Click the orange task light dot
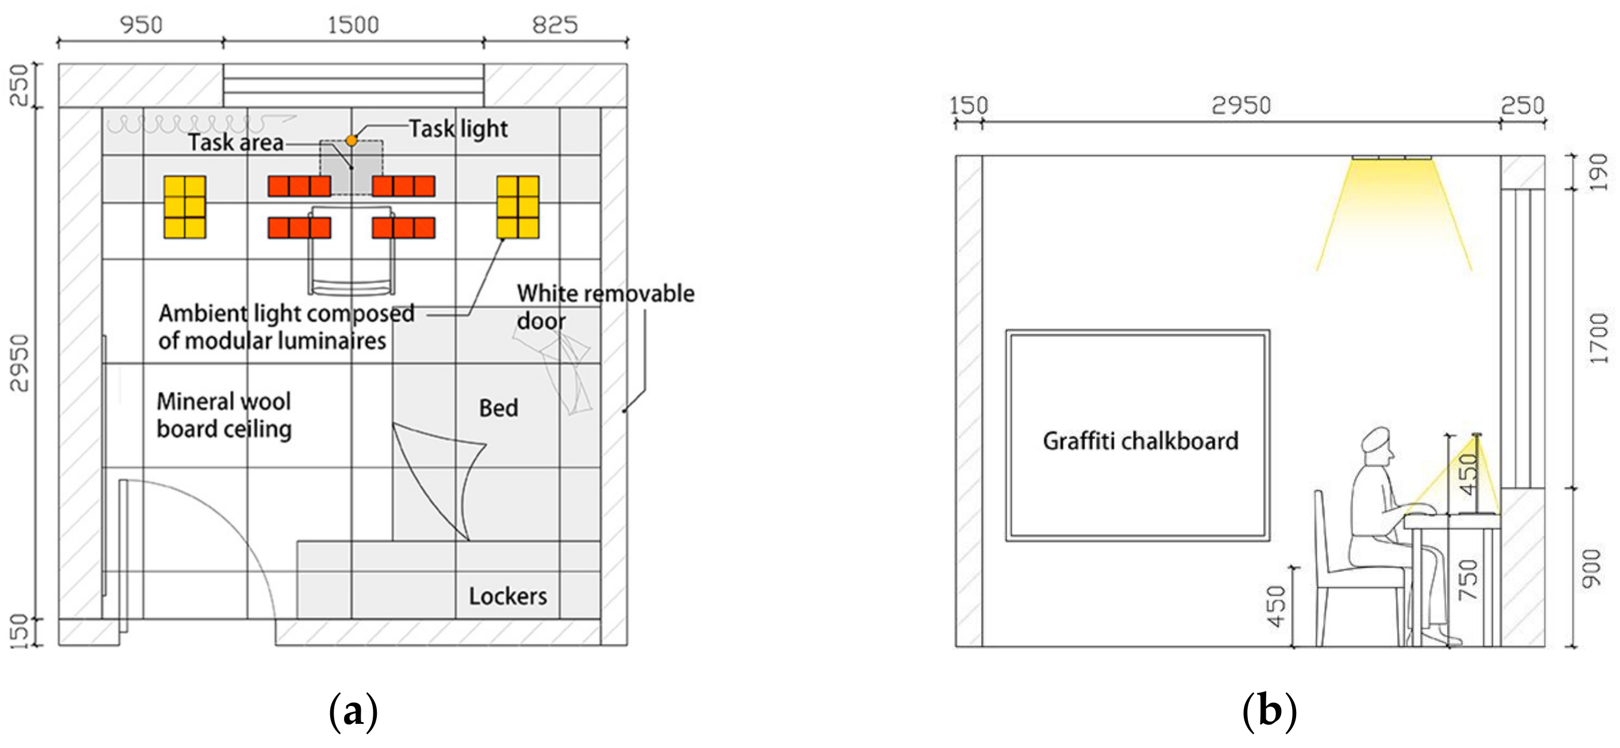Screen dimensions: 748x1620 (351, 141)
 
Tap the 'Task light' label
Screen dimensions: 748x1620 (458, 129)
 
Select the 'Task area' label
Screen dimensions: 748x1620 (236, 143)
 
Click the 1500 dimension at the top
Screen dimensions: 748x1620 (353, 25)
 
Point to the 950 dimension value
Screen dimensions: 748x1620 (141, 25)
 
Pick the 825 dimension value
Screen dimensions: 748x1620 (555, 25)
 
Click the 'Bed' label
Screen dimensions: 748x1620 (499, 409)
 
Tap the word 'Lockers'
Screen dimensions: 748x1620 (507, 596)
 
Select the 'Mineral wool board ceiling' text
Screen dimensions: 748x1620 (224, 415)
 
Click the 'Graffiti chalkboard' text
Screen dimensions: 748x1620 (1140, 441)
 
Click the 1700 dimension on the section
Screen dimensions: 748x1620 (1598, 338)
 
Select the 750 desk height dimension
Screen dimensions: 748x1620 (1467, 579)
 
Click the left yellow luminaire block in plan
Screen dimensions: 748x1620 (185, 207)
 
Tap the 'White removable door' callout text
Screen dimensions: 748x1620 (605, 307)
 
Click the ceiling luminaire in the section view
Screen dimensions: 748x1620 (1392, 157)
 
